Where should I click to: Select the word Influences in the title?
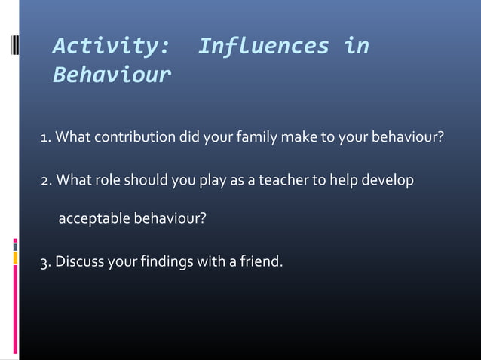[263, 47]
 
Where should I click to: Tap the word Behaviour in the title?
[112, 76]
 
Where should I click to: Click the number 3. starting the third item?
[45, 263]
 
